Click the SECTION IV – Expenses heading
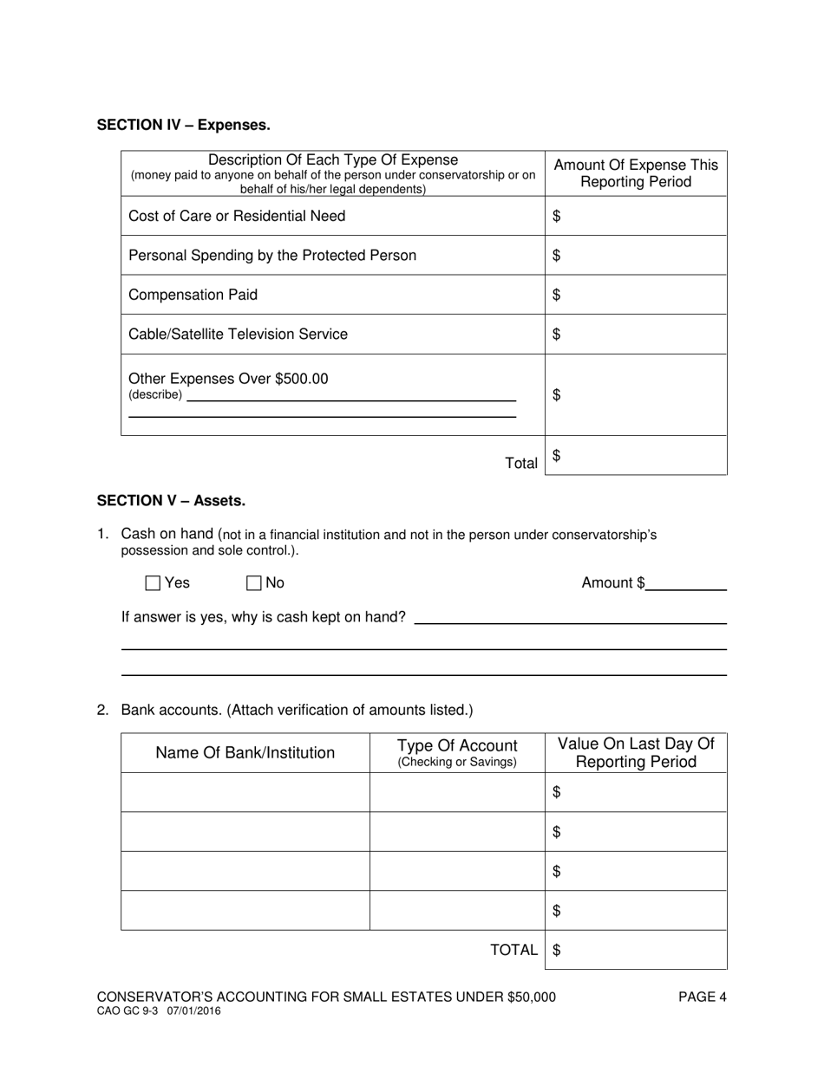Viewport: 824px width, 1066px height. click(183, 125)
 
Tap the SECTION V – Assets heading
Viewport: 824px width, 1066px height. click(171, 500)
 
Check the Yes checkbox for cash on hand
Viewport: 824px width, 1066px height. click(154, 583)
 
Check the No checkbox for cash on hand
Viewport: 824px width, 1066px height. click(254, 583)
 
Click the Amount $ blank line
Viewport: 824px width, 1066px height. click(686, 583)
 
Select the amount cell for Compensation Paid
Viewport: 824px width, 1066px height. click(636, 295)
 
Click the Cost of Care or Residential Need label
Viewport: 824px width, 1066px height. click(237, 216)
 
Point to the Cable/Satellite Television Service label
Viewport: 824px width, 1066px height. click(238, 334)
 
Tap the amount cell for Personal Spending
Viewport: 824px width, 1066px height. click(636, 255)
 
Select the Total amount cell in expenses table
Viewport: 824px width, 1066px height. click(636, 456)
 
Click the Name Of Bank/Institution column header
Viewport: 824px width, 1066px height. click(245, 752)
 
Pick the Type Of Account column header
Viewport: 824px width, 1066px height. click(457, 752)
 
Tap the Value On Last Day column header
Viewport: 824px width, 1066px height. click(636, 752)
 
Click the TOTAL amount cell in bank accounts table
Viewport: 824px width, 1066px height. click(636, 950)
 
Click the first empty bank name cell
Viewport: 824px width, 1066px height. click(245, 792)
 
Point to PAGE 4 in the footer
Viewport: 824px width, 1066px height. click(702, 997)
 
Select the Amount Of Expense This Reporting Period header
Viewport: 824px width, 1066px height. click(636, 173)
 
